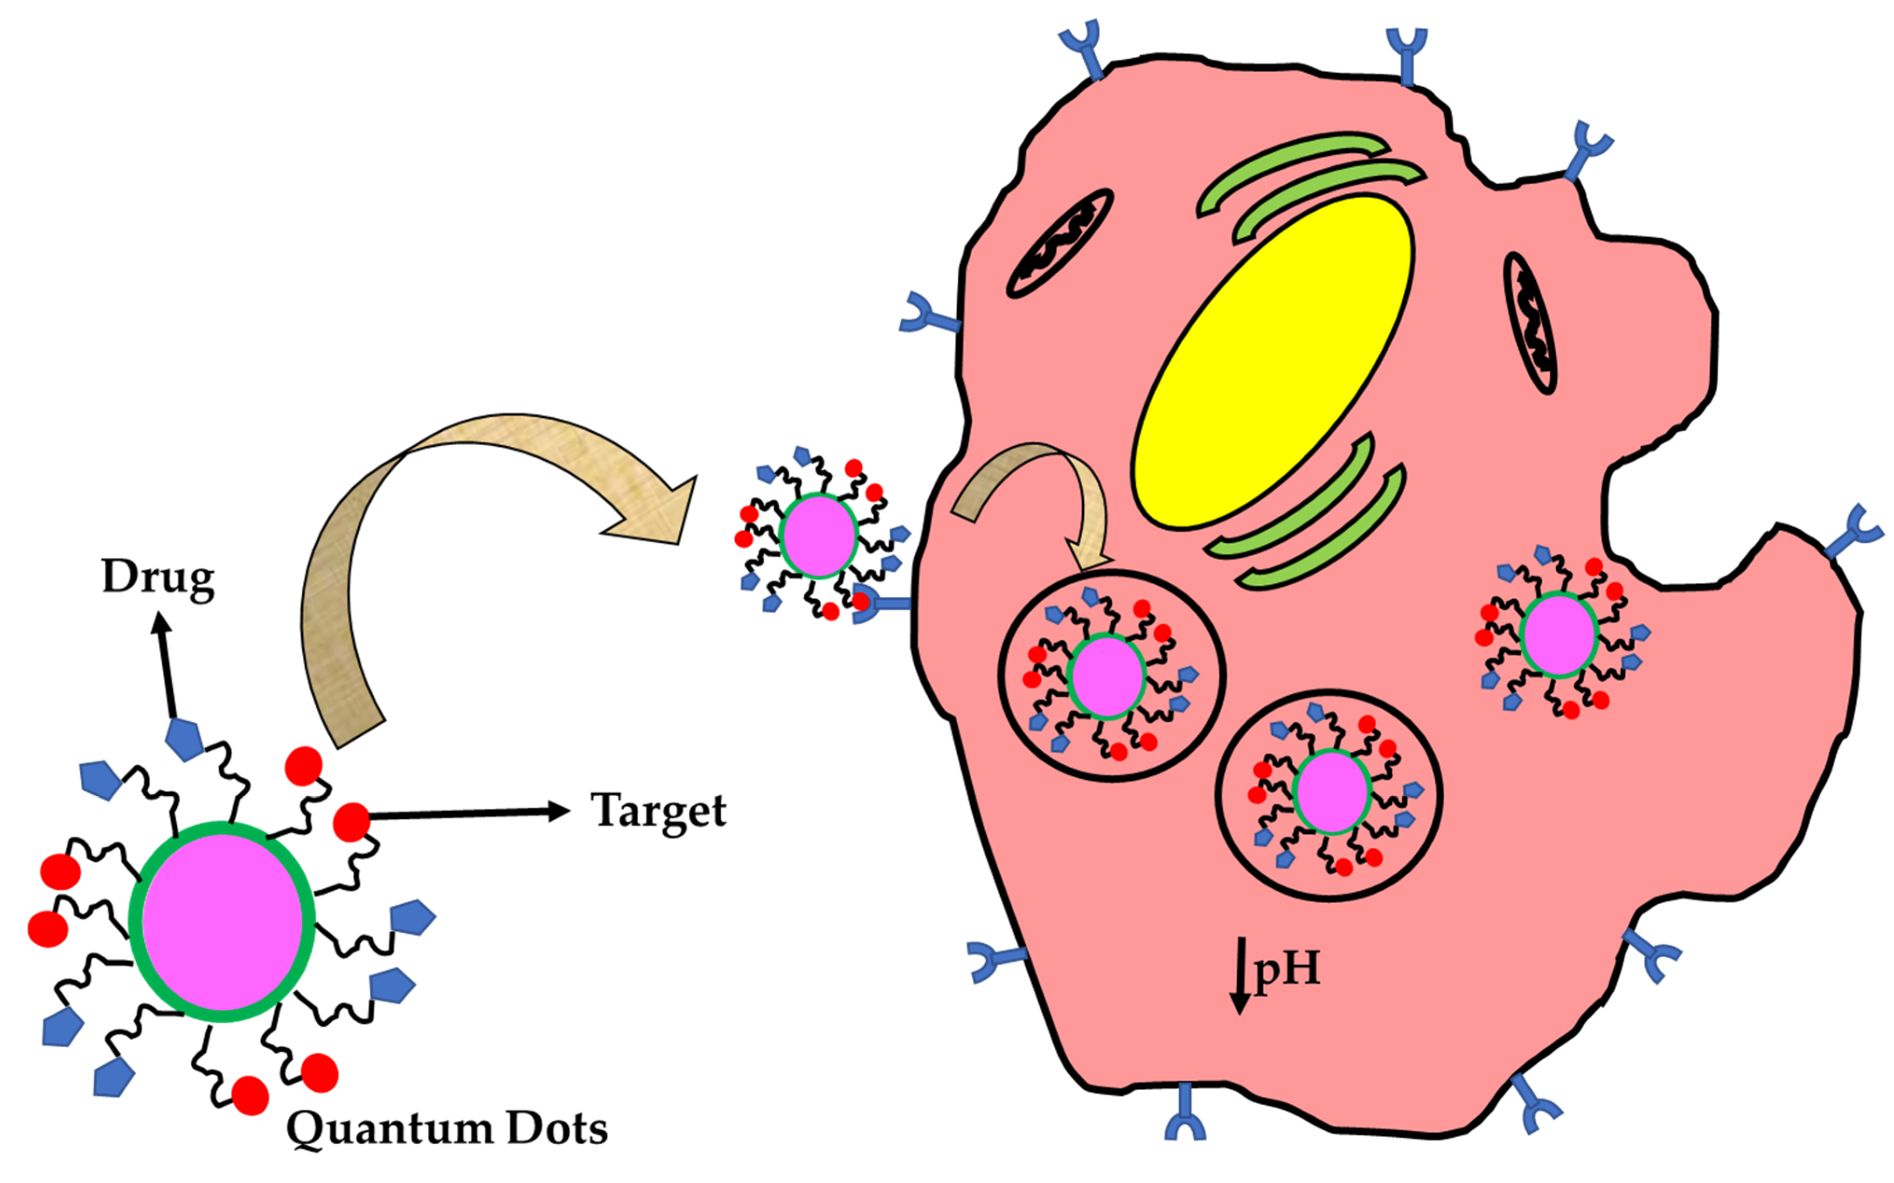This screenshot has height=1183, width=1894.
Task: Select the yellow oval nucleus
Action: [x=1272, y=361]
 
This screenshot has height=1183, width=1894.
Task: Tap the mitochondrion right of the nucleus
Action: [x=1530, y=322]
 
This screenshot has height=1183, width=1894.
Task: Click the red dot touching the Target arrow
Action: [x=351, y=822]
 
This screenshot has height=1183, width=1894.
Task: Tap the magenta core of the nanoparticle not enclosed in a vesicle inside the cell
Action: [x=1558, y=634]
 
